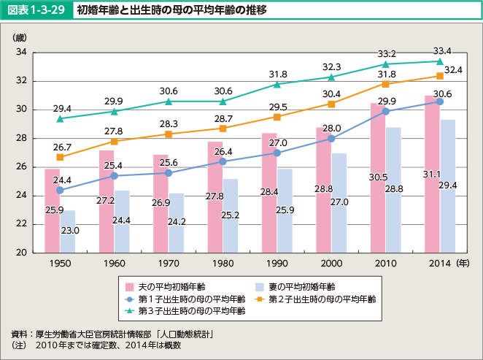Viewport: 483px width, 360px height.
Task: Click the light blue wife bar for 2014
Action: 447,186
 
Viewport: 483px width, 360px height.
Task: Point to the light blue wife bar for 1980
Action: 230,215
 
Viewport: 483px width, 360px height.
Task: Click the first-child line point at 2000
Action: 331,139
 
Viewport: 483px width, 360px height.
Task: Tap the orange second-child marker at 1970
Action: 168,134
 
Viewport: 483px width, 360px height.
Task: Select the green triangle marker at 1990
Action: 277,84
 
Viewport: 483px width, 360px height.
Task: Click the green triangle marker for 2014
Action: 440,61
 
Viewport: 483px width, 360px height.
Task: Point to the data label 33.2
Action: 387,54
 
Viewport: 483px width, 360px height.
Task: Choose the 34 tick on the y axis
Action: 20,53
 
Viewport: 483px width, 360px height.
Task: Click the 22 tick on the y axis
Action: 20,224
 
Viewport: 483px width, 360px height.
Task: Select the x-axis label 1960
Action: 114,261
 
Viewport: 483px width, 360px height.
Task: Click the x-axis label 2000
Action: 331,261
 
